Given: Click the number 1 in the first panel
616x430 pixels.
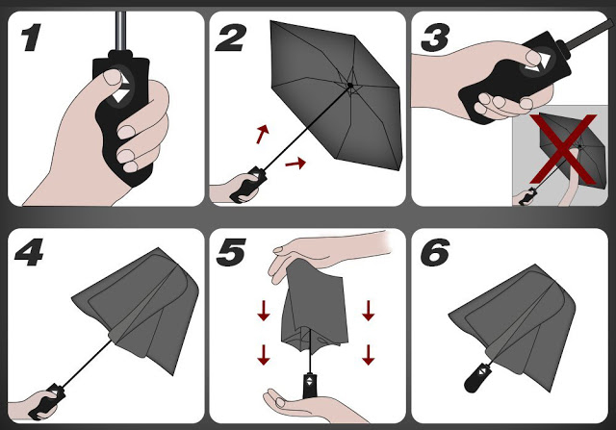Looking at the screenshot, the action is pos(31,38).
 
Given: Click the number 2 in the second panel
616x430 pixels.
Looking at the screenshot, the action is pos(231,38).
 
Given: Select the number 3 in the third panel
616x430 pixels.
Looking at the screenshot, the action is pos(434,38).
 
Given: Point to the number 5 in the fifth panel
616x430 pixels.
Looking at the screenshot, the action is pos(231,252).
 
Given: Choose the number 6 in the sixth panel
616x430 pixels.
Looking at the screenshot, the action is pos(434,252).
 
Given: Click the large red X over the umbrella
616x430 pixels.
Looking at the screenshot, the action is pos(563,148).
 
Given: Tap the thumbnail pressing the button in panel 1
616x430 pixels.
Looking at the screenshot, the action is pos(113,77).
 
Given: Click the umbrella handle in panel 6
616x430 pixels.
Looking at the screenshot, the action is pos(477,378).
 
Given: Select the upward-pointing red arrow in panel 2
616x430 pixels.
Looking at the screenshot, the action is pos(263,134).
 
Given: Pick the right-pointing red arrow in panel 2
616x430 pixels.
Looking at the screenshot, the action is pos(295,163).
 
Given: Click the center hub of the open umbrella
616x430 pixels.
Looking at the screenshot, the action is pos(349,86).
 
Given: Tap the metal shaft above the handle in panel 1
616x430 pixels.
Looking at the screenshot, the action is pos(121,31).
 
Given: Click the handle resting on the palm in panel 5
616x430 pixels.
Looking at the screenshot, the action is pos(310,385).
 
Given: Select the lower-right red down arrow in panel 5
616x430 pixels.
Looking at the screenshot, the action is pos(368,355).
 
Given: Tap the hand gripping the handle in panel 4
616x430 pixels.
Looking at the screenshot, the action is pos(34,404).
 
